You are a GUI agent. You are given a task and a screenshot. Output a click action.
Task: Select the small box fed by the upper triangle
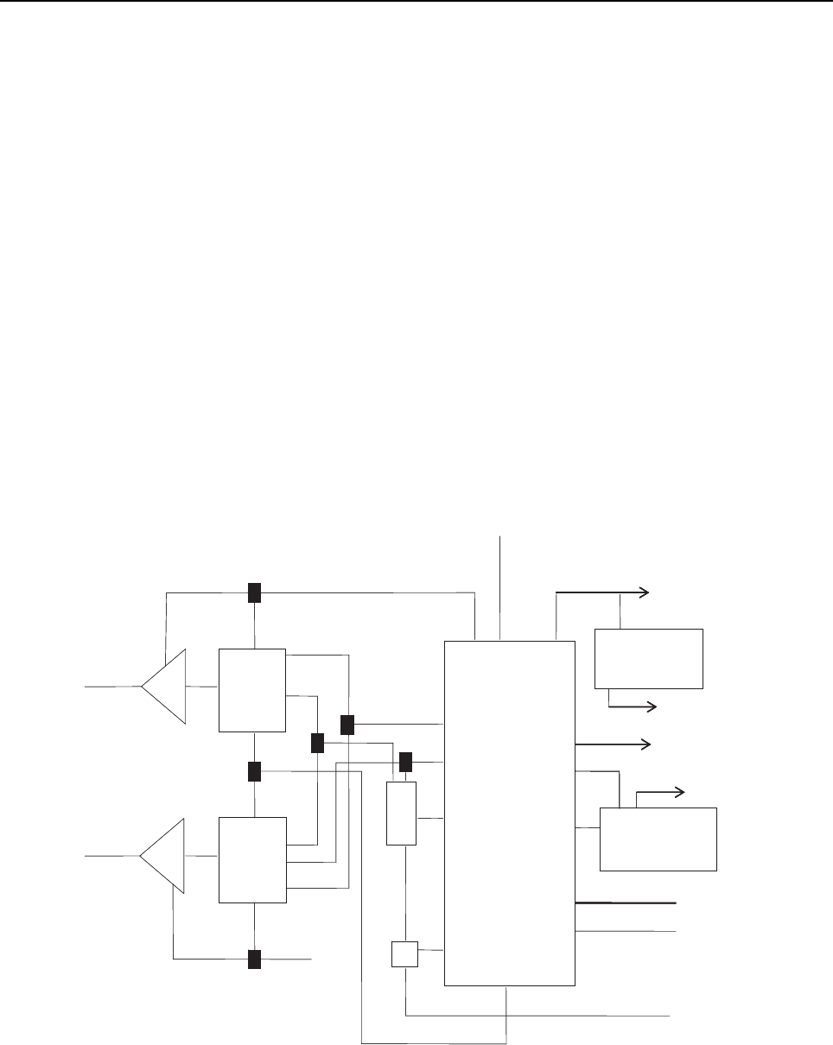(251, 689)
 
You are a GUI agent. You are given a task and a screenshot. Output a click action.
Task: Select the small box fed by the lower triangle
(251, 858)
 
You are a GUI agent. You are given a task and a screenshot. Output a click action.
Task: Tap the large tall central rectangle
(509, 812)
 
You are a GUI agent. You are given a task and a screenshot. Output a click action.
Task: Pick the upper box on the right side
(649, 658)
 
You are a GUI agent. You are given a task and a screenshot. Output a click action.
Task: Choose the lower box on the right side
(658, 839)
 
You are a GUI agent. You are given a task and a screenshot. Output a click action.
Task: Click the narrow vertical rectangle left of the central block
(401, 813)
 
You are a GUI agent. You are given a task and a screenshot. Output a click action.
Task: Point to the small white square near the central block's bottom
(404, 953)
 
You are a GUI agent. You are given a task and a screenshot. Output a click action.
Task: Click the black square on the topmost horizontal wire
(254, 592)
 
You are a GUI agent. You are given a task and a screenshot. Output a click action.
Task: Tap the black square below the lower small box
(254, 959)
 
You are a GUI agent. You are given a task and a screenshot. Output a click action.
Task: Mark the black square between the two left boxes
(254, 771)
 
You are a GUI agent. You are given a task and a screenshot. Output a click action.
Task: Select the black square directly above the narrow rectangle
(405, 762)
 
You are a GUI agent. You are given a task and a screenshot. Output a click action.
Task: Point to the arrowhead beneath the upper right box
(653, 706)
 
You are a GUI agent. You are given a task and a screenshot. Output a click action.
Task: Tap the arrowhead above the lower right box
(681, 790)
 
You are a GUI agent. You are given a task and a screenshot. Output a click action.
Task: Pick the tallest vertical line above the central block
(501, 588)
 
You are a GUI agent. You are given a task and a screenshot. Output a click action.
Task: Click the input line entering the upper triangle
(113, 687)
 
